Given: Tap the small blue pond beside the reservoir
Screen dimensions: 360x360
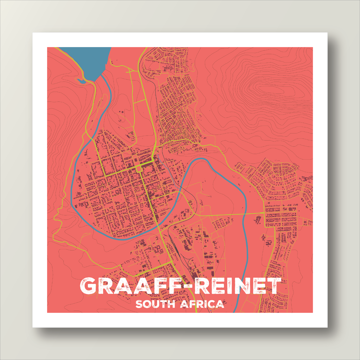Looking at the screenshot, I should [x=81, y=81].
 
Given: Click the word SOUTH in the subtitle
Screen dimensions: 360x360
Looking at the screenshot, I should [x=155, y=304].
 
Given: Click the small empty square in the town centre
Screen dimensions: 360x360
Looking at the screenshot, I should [x=139, y=169].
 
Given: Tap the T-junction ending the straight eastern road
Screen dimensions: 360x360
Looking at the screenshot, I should [x=265, y=213].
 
